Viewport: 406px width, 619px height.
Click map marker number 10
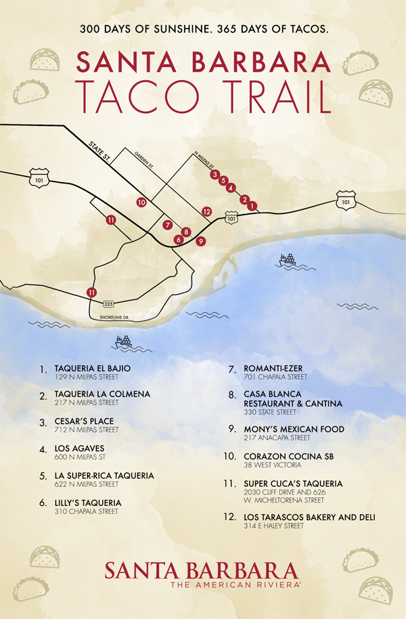(x=141, y=202)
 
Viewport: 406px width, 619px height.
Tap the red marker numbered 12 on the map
(x=207, y=211)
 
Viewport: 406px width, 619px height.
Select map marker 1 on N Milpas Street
(x=252, y=205)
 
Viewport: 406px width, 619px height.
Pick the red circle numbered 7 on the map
(x=168, y=225)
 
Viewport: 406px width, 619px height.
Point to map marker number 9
(x=200, y=240)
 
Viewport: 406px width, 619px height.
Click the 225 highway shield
(x=109, y=304)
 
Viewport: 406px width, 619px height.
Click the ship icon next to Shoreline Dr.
(x=124, y=341)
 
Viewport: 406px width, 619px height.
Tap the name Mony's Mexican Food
(x=294, y=429)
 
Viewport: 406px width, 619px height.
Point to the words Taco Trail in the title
(x=203, y=97)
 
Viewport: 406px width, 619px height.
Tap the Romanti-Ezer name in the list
(x=274, y=368)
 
